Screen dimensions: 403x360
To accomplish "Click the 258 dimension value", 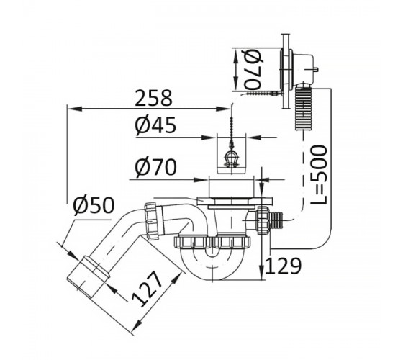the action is [153, 98].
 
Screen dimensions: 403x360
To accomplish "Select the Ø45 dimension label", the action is [155, 125].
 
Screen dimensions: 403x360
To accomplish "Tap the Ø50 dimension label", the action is [94, 206].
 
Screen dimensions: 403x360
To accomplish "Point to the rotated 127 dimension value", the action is [148, 289].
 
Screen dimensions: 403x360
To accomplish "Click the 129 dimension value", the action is [283, 266].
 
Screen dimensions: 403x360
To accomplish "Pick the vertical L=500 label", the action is [319, 175].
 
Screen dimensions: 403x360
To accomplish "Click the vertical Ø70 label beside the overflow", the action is [253, 69].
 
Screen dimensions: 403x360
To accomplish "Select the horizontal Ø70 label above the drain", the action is [155, 167].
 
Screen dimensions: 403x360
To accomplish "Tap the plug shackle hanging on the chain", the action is [231, 159].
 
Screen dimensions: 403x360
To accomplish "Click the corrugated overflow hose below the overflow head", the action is [304, 108].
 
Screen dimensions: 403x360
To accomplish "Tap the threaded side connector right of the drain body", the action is [270, 220].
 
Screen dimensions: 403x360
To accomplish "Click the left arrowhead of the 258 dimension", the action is [73, 109].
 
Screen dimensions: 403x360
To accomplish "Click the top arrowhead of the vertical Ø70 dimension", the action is [235, 55].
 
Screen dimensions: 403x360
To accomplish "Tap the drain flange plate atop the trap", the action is [235, 201].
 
